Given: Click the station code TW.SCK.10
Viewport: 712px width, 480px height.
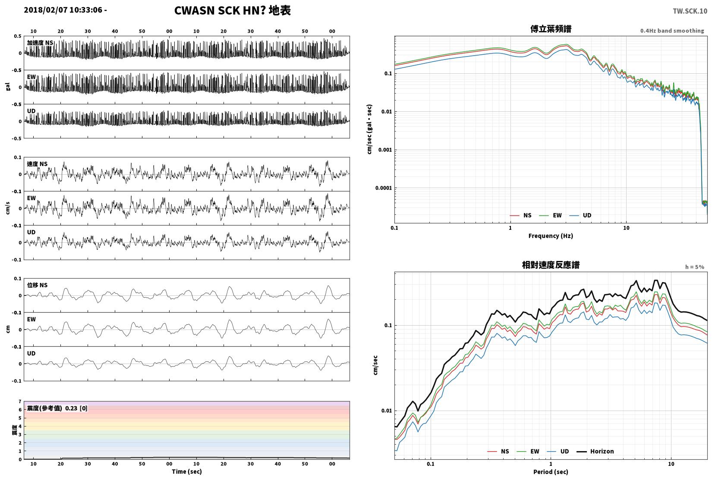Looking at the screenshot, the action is tap(690, 11).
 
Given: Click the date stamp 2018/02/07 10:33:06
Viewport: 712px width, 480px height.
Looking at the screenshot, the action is tap(63, 10).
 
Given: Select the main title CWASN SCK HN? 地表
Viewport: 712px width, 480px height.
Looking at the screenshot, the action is tap(232, 10).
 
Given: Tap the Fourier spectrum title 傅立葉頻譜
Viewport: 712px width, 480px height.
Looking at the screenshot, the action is tap(551, 29).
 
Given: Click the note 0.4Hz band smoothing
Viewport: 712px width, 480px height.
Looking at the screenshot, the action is tap(672, 31).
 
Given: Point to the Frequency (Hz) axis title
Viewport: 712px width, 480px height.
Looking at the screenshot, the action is tap(551, 236).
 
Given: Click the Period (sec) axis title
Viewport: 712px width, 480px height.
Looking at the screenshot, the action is tap(551, 472).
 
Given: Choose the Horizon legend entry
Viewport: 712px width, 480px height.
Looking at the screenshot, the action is tap(595, 452).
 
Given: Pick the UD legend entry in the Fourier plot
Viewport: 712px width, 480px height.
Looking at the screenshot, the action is tap(580, 215).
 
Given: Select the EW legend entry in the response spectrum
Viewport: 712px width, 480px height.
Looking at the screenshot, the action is tap(528, 452).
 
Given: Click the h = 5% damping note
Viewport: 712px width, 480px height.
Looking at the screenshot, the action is tap(694, 267).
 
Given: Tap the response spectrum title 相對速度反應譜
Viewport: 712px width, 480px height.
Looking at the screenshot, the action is tap(551, 265).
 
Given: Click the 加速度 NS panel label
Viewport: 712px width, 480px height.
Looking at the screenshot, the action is tap(40, 43).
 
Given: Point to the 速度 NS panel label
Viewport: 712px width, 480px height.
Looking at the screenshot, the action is tap(37, 164).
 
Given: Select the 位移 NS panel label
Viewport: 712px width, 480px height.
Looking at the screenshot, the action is tap(37, 285).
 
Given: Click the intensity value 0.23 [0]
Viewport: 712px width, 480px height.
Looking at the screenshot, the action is tap(76, 408).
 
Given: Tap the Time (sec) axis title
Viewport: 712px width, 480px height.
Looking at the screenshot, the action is tap(187, 471).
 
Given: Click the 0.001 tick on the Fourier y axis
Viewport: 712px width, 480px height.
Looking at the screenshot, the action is tap(385, 150).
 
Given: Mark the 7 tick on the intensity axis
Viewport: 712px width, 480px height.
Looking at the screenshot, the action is tap(20, 402).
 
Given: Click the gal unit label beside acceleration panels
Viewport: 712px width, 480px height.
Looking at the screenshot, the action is tap(8, 87).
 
